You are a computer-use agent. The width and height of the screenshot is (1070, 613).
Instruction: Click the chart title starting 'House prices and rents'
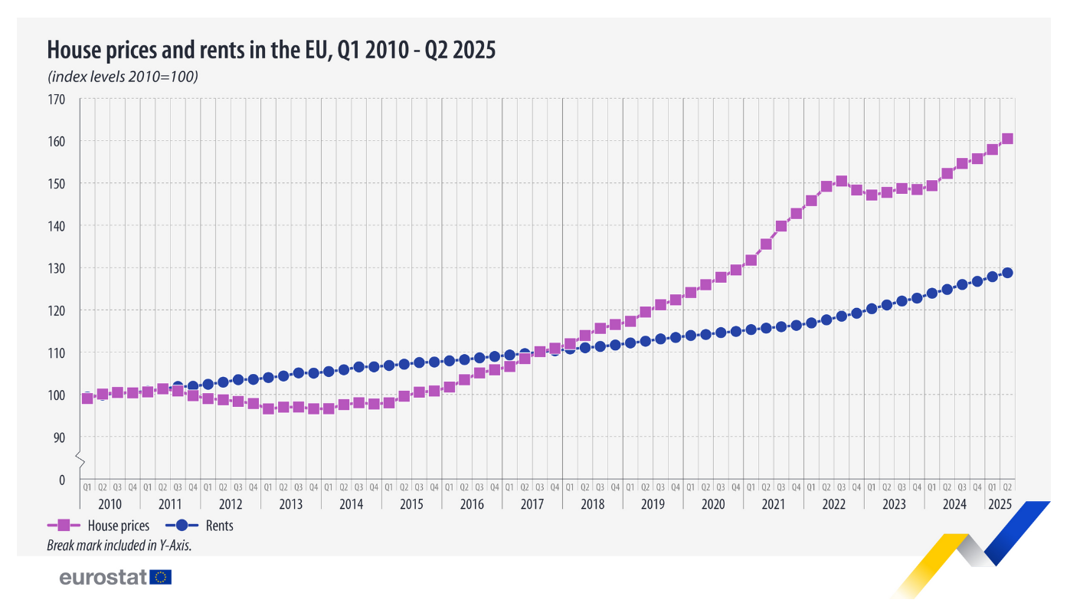(271, 51)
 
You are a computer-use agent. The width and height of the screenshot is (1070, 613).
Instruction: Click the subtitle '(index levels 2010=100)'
(123, 77)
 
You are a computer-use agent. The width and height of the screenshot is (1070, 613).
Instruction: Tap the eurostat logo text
(103, 578)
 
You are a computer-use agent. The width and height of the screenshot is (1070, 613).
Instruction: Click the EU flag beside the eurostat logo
(162, 577)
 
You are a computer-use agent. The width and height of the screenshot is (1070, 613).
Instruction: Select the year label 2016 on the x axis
(472, 504)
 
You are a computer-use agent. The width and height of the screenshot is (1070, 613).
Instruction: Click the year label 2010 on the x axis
(110, 504)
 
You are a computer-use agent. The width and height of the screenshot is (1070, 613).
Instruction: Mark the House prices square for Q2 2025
(1007, 139)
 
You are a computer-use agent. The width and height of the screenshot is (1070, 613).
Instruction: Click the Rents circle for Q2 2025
(1007, 273)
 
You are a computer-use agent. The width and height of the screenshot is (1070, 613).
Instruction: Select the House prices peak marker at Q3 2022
(841, 182)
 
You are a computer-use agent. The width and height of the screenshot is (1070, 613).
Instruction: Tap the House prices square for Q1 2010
(87, 398)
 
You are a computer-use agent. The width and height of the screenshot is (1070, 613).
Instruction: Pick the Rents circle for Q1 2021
(751, 329)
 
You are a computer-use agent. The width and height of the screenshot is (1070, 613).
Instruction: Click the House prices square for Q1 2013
(268, 408)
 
